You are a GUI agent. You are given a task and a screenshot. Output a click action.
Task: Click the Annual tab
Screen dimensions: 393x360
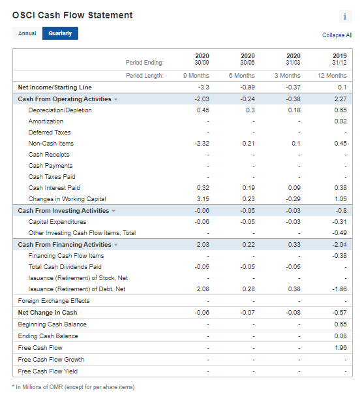pos(27,33)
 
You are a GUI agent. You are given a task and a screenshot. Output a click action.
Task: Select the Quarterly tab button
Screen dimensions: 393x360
pos(60,33)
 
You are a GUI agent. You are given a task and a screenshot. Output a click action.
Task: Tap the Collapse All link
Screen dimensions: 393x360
pos(337,35)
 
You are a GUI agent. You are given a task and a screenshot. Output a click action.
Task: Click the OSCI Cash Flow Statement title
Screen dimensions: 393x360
pos(72,15)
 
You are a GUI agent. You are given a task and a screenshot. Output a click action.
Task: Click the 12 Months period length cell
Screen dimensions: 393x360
pos(335,76)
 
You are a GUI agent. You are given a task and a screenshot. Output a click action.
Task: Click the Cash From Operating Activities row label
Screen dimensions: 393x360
pos(64,99)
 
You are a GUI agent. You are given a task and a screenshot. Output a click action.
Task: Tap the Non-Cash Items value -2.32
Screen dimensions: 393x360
pos(202,144)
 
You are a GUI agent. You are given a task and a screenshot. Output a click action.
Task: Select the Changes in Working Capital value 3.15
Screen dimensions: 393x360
pos(203,199)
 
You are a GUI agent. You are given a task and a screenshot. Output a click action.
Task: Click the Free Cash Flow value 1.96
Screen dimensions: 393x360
pos(340,348)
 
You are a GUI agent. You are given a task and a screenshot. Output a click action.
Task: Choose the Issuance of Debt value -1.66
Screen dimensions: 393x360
pos(340,289)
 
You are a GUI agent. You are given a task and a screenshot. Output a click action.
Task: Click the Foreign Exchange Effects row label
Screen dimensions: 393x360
pos(53,301)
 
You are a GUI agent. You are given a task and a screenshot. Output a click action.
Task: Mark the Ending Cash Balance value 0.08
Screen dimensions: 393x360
pos(340,336)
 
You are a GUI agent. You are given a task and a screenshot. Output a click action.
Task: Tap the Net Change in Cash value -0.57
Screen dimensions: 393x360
pos(340,313)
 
